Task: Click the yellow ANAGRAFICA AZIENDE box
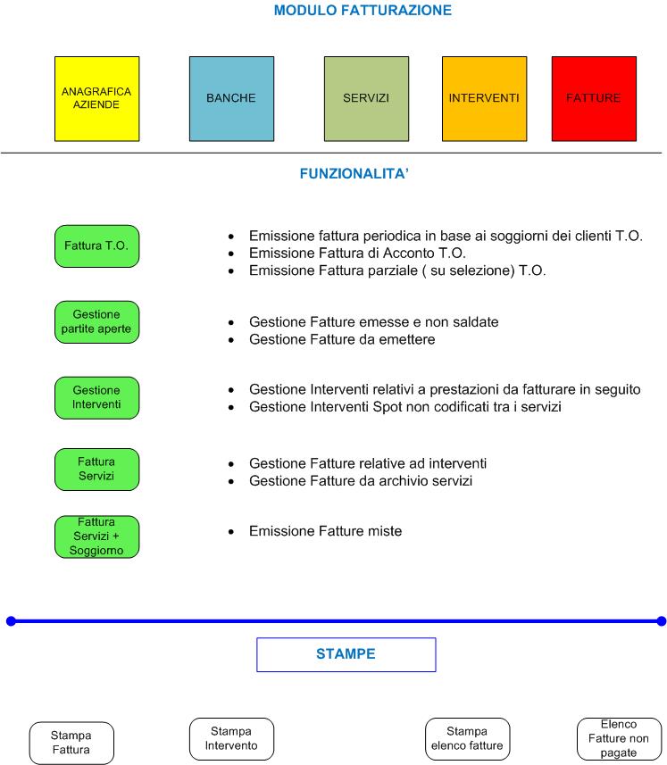[x=96, y=98]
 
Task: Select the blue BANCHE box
[x=231, y=98]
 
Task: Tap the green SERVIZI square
[x=366, y=98]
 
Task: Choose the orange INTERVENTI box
[x=484, y=98]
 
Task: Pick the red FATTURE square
[x=594, y=98]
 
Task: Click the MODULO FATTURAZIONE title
[x=363, y=10]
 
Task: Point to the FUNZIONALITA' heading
[x=354, y=174]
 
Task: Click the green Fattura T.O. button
[x=96, y=245]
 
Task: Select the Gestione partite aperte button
[x=96, y=322]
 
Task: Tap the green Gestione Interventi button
[x=96, y=397]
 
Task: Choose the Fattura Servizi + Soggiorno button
[x=96, y=536]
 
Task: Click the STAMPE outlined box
[x=346, y=654]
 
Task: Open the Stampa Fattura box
[x=71, y=743]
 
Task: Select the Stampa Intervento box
[x=231, y=738]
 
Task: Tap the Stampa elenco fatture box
[x=468, y=738]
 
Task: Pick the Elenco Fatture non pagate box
[x=619, y=738]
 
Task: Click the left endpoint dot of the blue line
[x=11, y=621]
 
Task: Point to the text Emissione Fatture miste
[x=325, y=531]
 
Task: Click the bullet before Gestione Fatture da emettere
[x=230, y=339]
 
